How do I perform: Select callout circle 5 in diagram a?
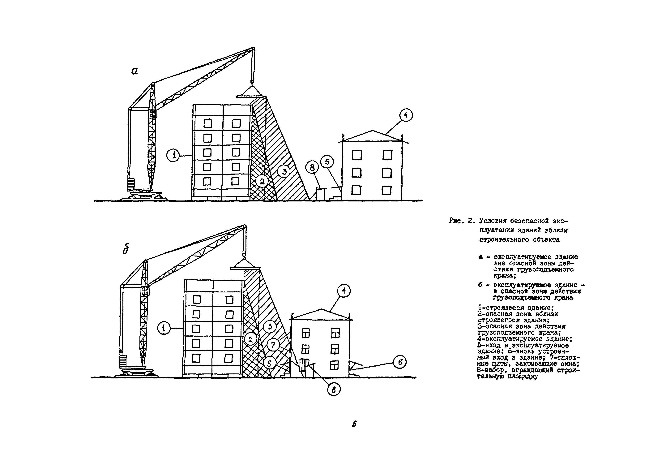click(x=327, y=162)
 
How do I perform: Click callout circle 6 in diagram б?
click(x=400, y=362)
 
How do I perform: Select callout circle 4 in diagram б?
click(x=344, y=291)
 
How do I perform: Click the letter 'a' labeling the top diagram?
click(x=134, y=71)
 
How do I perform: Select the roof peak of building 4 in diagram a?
click(x=373, y=131)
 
